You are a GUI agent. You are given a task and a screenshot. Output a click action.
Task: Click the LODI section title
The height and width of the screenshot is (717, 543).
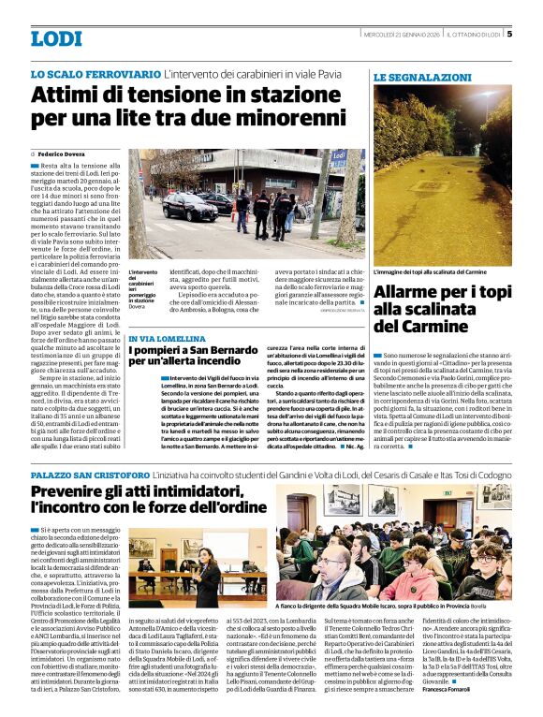point(56,38)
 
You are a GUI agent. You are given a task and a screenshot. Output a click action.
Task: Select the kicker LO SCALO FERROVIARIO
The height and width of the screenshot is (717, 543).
point(95,73)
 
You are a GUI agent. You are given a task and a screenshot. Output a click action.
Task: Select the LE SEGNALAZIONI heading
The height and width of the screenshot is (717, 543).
point(422,77)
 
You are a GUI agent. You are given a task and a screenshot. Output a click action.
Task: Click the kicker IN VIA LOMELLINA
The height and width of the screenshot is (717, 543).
point(165,338)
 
